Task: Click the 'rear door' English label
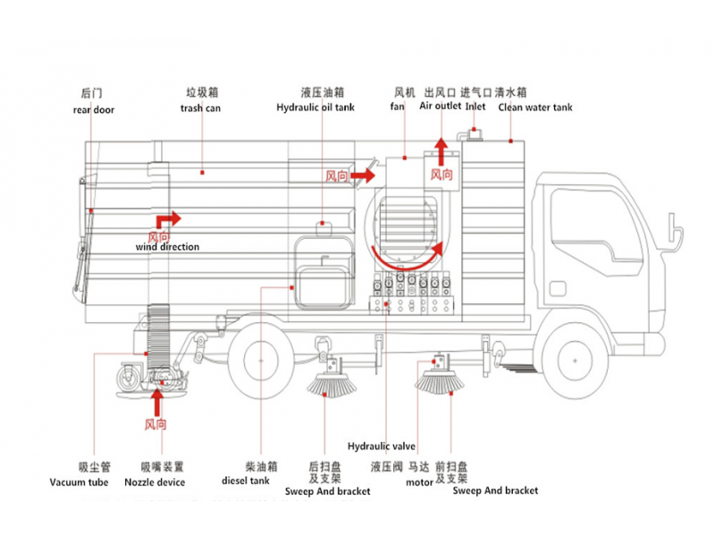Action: [x=94, y=110]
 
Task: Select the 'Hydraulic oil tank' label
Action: [x=315, y=107]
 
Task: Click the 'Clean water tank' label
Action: [x=535, y=107]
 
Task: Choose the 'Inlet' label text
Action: [x=475, y=106]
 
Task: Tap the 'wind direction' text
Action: [x=168, y=247]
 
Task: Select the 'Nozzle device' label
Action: [x=163, y=483]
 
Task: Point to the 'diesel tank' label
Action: [x=246, y=481]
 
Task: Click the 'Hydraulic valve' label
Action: [x=382, y=446]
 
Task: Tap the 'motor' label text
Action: [x=419, y=482]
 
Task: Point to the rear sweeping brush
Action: [x=330, y=387]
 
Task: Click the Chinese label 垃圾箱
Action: [x=203, y=92]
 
